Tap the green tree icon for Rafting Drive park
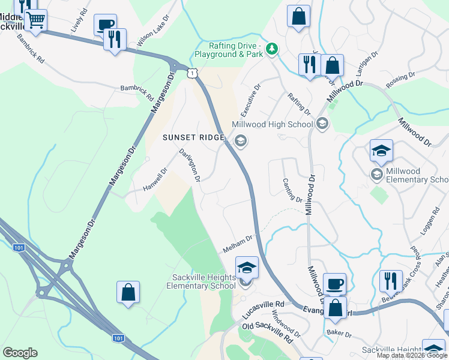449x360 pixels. (272, 48)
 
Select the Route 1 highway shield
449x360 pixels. (191, 73)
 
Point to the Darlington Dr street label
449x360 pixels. (189, 166)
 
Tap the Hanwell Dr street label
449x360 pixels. (155, 179)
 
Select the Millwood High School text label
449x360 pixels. (273, 125)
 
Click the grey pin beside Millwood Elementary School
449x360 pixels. (377, 174)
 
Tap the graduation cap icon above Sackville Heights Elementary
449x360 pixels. (247, 267)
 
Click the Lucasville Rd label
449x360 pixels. (262, 309)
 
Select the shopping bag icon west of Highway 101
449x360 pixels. (128, 292)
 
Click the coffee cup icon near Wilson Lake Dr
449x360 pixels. (105, 25)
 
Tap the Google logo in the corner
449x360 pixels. (20, 353)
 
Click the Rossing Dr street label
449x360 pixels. (401, 80)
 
